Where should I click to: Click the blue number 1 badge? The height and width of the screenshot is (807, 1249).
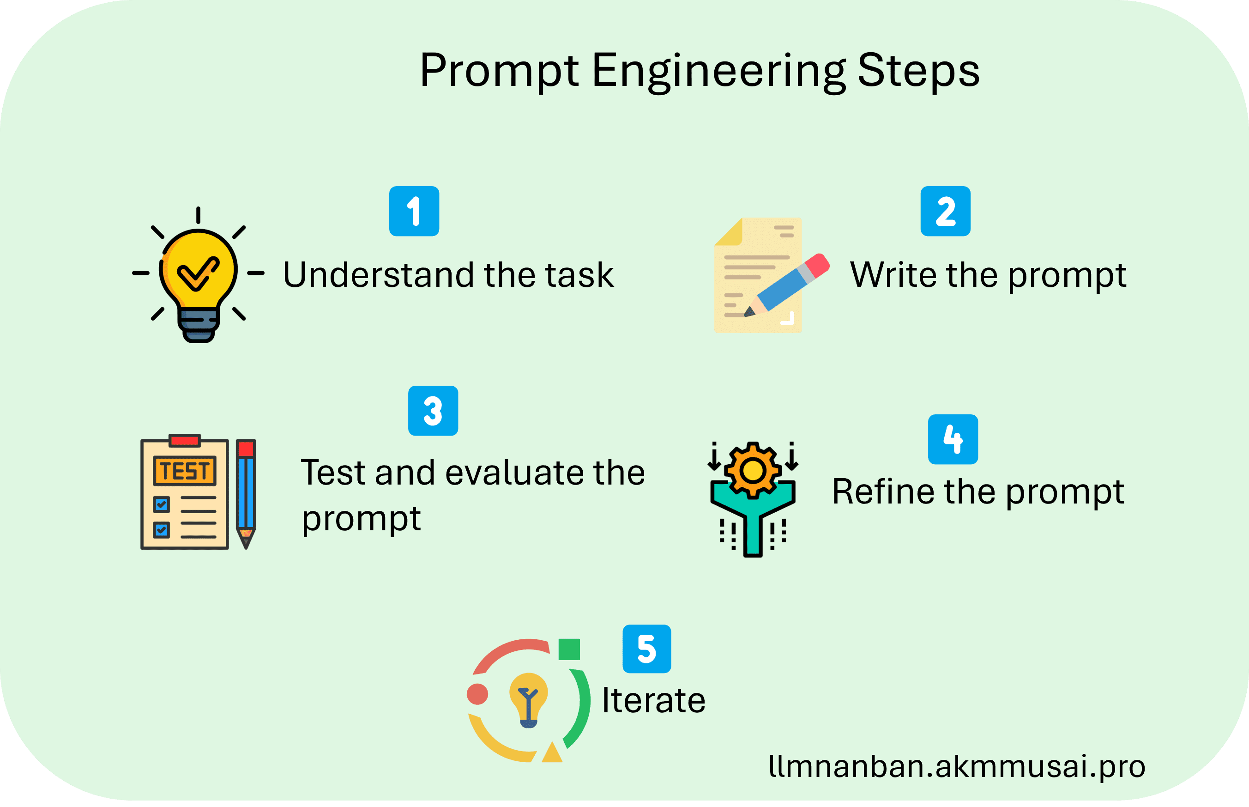coord(414,211)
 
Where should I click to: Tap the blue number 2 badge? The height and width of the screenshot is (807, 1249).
coord(945,211)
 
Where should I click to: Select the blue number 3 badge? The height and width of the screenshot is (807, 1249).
coord(433,411)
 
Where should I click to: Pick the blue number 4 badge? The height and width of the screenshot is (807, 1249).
coord(953,439)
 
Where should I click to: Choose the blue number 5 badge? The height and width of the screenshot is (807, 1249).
coord(647,649)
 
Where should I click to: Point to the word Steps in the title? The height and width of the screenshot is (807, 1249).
coord(918,72)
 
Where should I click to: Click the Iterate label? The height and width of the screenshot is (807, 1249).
coord(653,700)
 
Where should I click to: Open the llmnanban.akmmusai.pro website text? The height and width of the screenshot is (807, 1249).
coord(957,767)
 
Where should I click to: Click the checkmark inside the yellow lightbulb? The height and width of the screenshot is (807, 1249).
coord(198,273)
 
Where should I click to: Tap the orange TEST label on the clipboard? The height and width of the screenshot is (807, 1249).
coord(184,471)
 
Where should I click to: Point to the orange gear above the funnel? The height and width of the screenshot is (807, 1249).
coord(753,470)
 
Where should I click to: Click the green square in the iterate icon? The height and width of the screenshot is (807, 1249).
coord(569,649)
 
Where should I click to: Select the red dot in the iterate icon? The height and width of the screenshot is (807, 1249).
coord(477,694)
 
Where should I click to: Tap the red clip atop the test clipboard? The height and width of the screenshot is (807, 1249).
coord(184,440)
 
